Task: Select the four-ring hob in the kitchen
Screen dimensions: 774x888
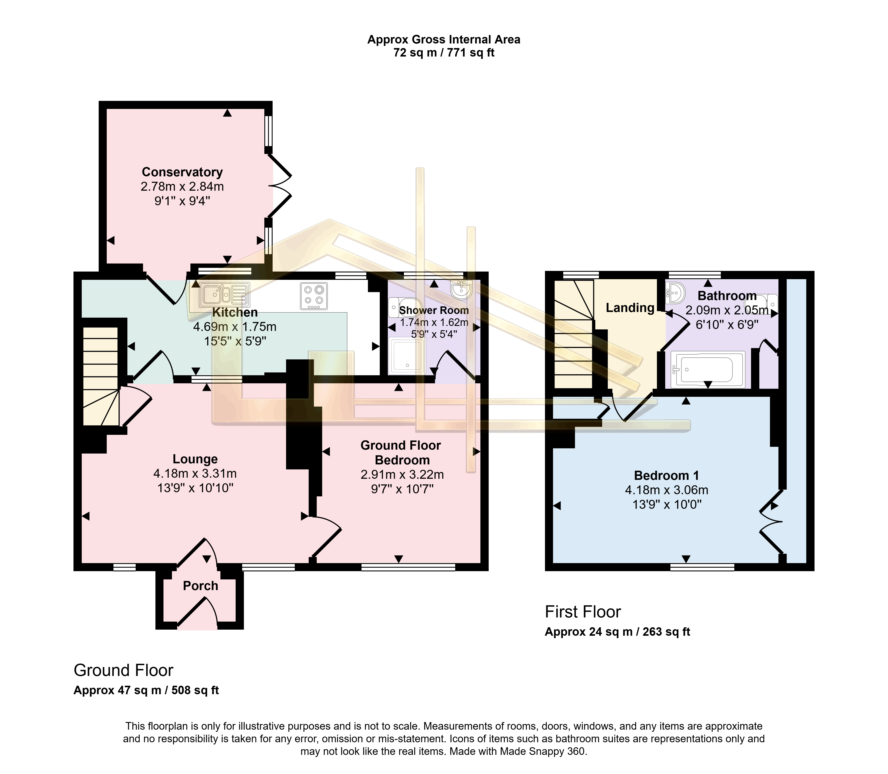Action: (x=313, y=296)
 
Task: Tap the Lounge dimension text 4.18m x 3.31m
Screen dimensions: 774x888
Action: (x=195, y=473)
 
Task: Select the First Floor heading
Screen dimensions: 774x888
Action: (x=583, y=612)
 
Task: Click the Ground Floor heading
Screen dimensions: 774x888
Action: (x=123, y=670)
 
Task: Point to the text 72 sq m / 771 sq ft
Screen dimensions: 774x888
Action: (x=444, y=53)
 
